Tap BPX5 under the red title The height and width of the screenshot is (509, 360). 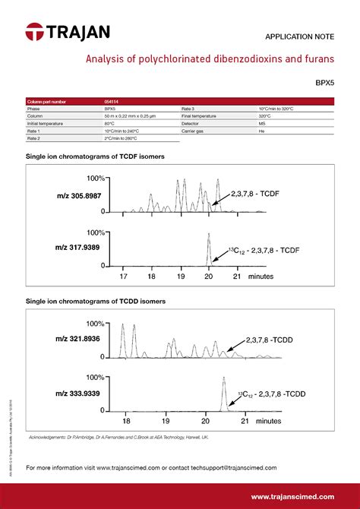tap(324, 84)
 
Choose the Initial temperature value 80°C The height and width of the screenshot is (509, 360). tap(109, 122)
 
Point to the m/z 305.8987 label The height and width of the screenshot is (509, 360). tap(78, 196)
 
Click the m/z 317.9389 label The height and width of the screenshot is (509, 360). tap(78, 248)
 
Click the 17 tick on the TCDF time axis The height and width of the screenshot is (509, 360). tap(123, 277)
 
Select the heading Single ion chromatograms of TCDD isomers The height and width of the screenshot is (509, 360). tap(96, 301)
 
